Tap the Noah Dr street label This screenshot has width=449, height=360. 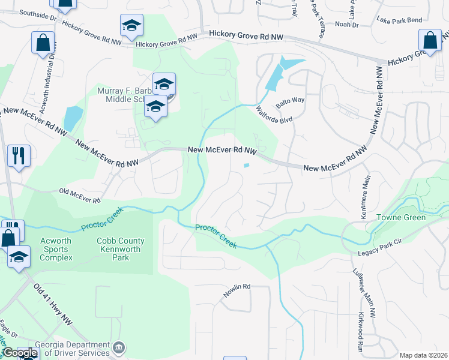tap(346, 25)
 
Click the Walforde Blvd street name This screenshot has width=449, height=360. tap(274, 115)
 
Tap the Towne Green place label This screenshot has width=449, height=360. tap(401, 217)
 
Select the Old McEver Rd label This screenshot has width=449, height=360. tap(79, 195)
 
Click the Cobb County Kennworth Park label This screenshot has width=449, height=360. tap(121, 250)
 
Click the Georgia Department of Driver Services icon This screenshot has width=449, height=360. tap(119, 347)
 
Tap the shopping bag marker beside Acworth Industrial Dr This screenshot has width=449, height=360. tap(43, 43)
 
